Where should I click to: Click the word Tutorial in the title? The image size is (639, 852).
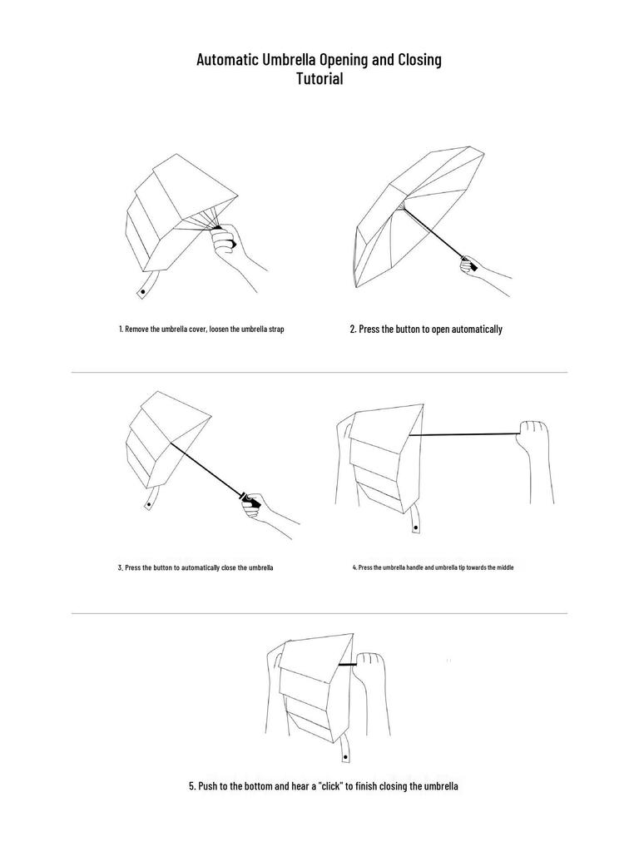[319, 80]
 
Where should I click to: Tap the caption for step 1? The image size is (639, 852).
[201, 329]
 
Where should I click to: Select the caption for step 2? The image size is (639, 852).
[426, 329]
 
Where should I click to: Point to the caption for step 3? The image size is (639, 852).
[196, 567]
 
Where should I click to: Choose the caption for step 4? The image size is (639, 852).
[433, 567]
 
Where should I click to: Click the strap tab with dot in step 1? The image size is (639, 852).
[142, 290]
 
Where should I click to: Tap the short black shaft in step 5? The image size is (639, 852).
[349, 665]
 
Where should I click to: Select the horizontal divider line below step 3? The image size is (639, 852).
[319, 614]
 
